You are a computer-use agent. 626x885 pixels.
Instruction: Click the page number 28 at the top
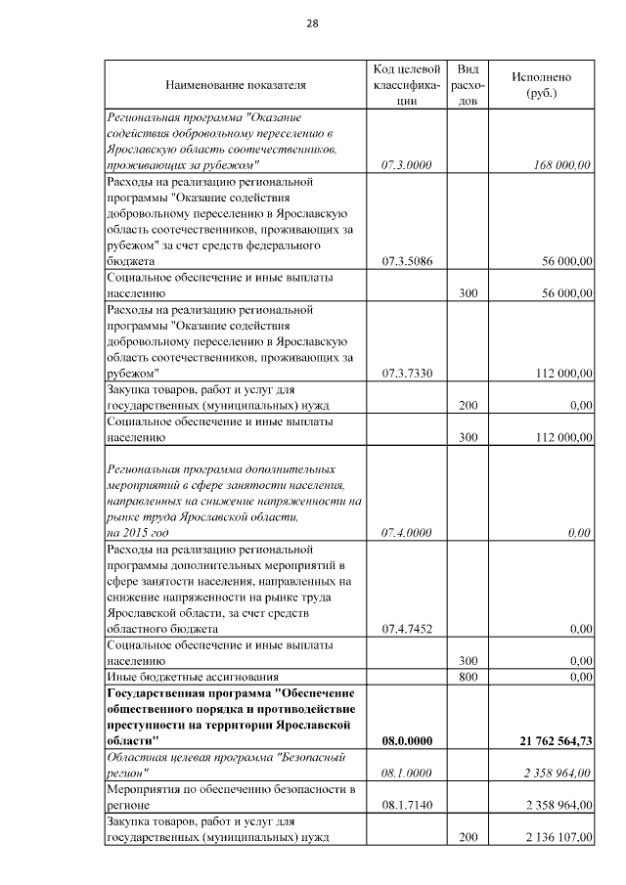pyautogui.click(x=312, y=23)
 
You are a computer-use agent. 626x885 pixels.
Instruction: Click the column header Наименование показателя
pyautogui.click(x=235, y=85)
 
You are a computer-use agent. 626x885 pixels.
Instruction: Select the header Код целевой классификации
pyautogui.click(x=406, y=85)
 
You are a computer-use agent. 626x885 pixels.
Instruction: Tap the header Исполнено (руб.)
pyautogui.click(x=541, y=85)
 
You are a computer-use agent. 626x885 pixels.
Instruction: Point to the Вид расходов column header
pyautogui.click(x=468, y=85)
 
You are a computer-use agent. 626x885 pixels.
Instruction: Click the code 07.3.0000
pyautogui.click(x=406, y=165)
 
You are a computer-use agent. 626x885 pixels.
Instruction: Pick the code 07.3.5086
pyautogui.click(x=406, y=261)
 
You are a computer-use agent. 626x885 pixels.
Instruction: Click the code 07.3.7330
pyautogui.click(x=406, y=373)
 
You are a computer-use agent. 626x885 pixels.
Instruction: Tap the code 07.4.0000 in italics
pyautogui.click(x=406, y=532)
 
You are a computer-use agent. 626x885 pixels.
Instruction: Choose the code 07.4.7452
pyautogui.click(x=406, y=629)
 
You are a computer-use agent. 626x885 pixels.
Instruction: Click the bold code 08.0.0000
pyautogui.click(x=406, y=741)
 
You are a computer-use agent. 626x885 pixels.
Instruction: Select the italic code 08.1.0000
pyautogui.click(x=406, y=773)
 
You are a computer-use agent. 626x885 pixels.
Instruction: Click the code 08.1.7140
pyautogui.click(x=406, y=805)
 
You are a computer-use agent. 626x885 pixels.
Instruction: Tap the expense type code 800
pyautogui.click(x=468, y=677)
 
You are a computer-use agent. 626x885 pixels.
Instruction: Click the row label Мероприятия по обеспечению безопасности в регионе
pyautogui.click(x=229, y=797)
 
